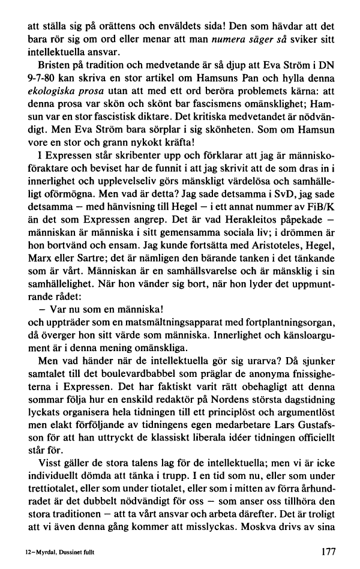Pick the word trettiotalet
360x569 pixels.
tap(49, 483)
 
